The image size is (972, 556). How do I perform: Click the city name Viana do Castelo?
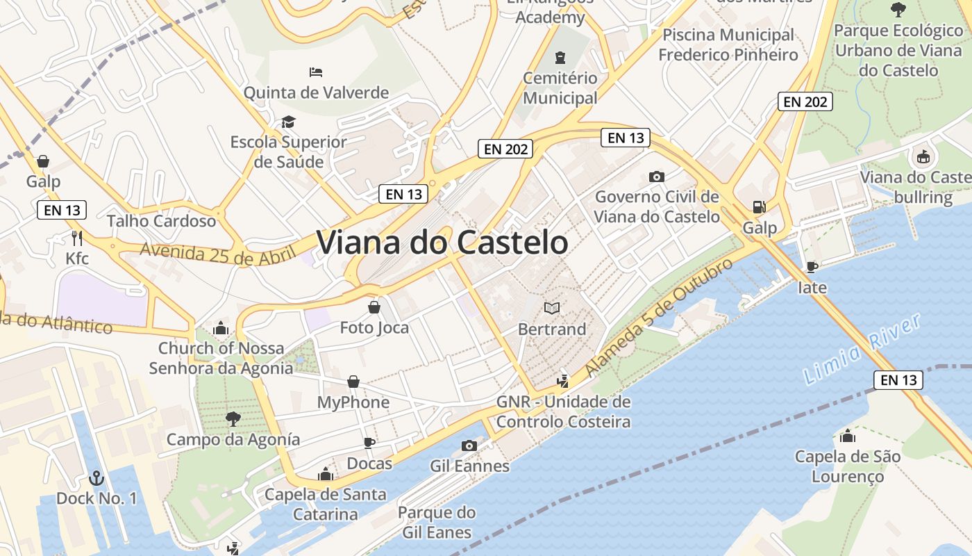point(442,243)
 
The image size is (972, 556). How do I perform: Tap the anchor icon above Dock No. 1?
point(97,478)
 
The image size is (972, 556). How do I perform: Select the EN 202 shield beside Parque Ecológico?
point(805,101)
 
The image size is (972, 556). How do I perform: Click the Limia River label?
point(862,350)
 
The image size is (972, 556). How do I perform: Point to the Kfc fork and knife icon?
point(77,238)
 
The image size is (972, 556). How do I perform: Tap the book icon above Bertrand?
point(552,308)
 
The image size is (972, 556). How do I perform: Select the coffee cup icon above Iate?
point(812,267)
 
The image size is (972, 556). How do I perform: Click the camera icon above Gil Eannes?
point(469,445)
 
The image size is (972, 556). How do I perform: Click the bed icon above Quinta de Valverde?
point(316,72)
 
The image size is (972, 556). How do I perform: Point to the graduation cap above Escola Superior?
point(288,122)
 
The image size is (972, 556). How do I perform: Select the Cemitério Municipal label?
point(560,88)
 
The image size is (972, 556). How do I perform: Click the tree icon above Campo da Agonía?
point(233,418)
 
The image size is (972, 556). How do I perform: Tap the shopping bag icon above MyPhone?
point(353,382)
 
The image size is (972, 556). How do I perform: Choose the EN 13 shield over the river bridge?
point(898,379)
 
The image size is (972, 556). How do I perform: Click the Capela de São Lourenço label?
point(847,466)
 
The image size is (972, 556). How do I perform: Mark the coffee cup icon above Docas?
point(369,443)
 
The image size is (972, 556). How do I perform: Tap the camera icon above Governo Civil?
point(657,177)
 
